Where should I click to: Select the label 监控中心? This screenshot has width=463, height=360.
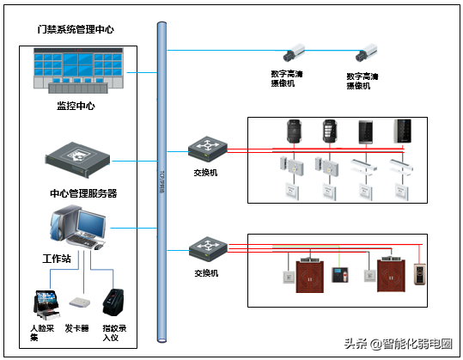pyautogui.click(x=76, y=106)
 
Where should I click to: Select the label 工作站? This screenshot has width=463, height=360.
pyautogui.click(x=57, y=258)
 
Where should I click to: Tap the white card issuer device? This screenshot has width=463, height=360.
pyautogui.click(x=79, y=304)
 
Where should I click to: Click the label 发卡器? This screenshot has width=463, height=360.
pyautogui.click(x=77, y=328)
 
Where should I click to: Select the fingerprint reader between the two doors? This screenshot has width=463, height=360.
pyautogui.click(x=341, y=276)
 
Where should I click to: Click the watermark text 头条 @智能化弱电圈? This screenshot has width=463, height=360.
pyautogui.click(x=398, y=344)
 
